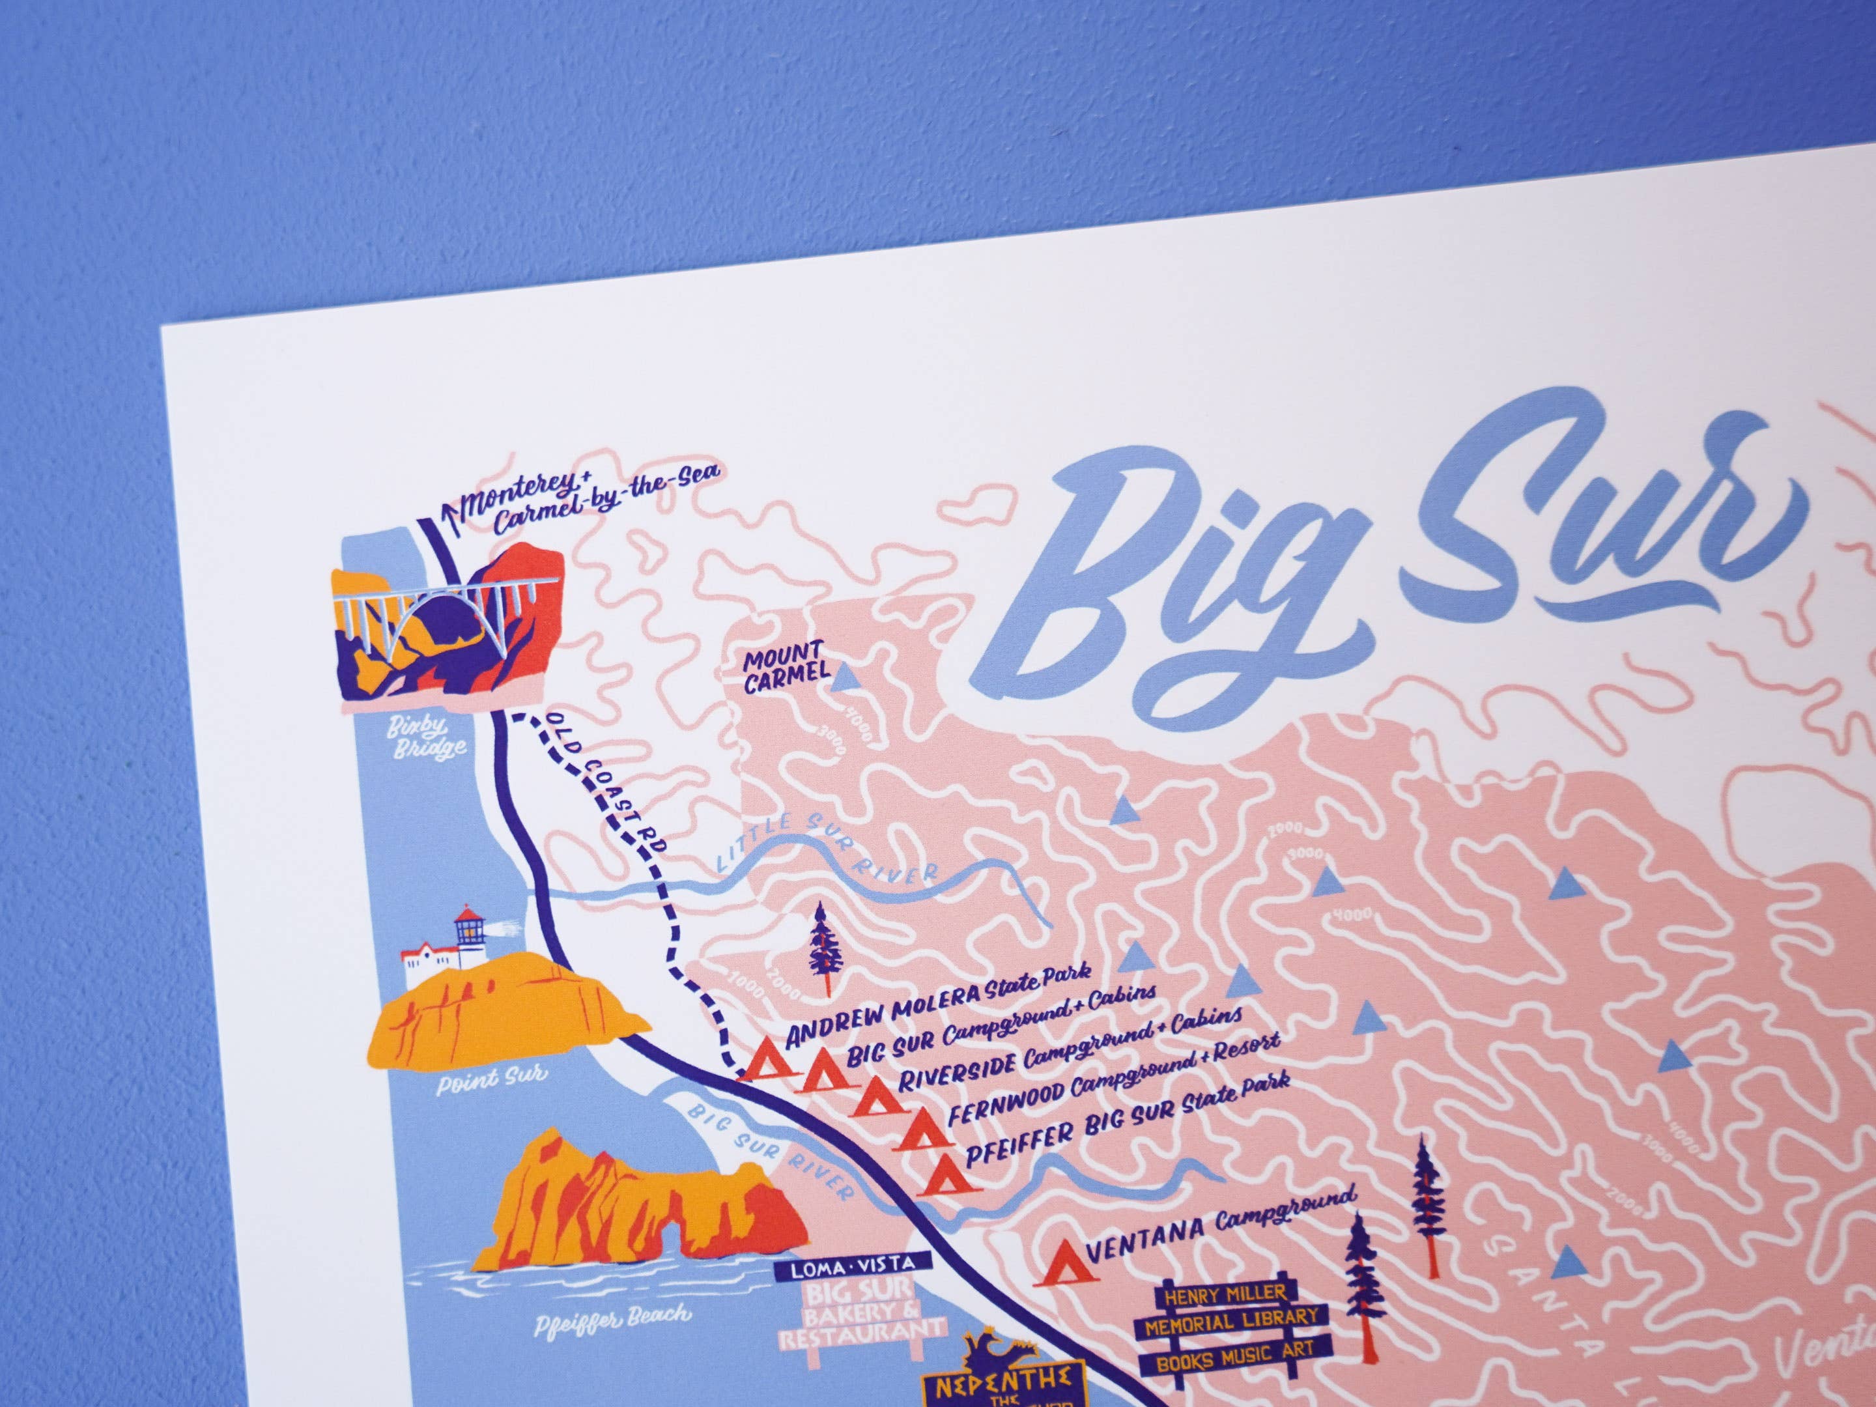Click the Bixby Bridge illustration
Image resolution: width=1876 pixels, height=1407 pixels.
coord(446,619)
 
